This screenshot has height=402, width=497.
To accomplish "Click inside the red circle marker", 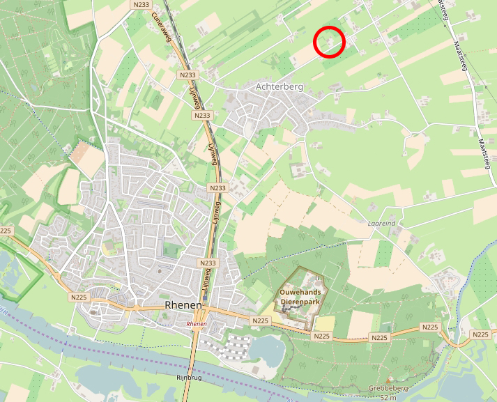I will coord(330,42).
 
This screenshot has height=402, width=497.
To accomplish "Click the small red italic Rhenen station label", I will coord(197,325).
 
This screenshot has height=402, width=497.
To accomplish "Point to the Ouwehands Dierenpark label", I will coord(304,297).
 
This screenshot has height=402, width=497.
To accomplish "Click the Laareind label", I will coord(382,224).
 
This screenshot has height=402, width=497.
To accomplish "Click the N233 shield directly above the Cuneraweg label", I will coord(141,4).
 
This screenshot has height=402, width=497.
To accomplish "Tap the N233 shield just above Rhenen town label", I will coord(208,263).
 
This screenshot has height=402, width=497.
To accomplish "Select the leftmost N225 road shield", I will coord(6,231).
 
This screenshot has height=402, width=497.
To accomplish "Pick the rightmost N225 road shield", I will coord(480,335).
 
